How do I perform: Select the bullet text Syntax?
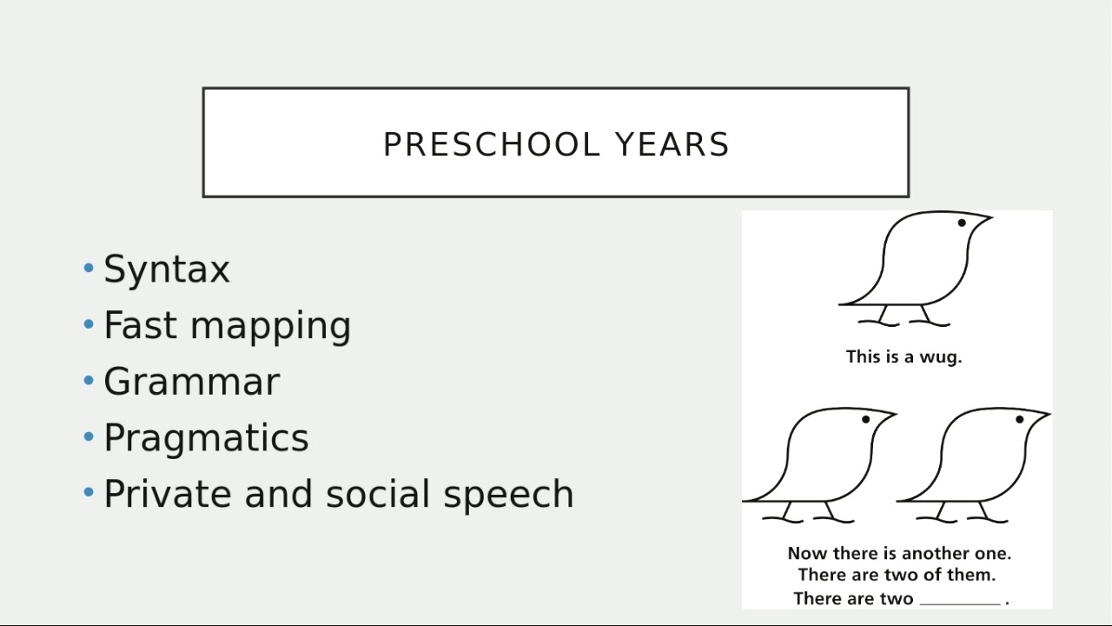167,270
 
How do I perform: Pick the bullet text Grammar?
191,382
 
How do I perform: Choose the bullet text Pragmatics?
206,438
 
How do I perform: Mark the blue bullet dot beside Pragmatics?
89,436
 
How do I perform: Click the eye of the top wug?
962,223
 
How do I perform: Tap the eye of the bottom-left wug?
866,420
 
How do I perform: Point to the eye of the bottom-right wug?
1020,420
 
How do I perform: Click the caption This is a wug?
903,356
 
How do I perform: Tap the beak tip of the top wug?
991,216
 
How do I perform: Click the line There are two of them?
897,575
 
